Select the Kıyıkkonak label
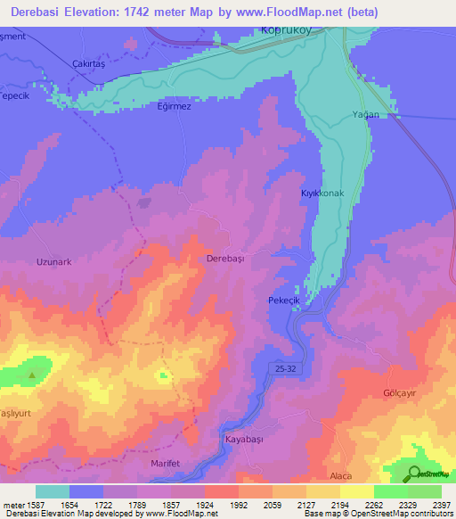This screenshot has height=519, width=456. (x=322, y=193)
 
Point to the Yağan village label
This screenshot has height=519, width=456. (x=365, y=114)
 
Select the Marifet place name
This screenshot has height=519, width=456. (x=160, y=464)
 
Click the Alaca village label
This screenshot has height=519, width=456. (x=343, y=477)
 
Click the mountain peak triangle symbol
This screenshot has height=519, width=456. (x=33, y=375)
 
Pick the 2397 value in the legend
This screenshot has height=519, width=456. (x=441, y=503)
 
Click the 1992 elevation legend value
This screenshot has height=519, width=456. (x=239, y=503)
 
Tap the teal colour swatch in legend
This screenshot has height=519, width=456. (x=52, y=490)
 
